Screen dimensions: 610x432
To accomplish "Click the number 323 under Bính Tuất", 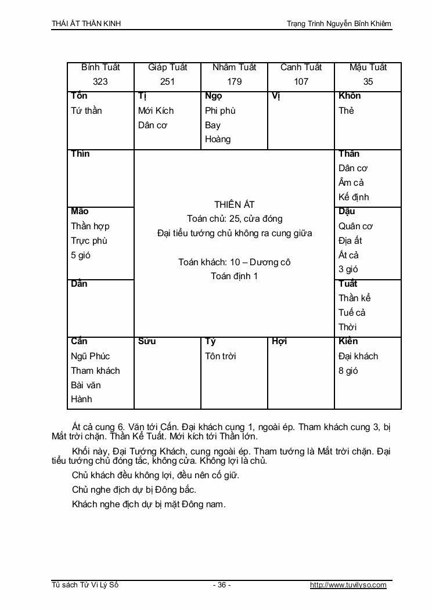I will [100, 82].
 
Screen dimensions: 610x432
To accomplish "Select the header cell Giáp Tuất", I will [167, 67].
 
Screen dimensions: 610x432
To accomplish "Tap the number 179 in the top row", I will [234, 82].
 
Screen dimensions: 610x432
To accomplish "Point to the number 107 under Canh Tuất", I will [301, 82].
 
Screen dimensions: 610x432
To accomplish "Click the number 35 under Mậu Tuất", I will [368, 82].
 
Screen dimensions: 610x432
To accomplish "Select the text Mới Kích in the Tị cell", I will [156, 111].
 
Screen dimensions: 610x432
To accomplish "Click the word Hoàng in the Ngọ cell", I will [218, 139].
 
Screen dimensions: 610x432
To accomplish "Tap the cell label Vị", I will [276, 96].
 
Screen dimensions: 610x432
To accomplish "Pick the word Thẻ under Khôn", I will [346, 111].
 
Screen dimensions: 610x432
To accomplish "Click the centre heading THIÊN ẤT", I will [234, 204].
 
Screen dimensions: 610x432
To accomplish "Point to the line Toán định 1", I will [234, 276].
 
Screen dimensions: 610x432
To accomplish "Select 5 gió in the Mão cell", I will [81, 255].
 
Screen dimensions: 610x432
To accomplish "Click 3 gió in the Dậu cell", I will [348, 269].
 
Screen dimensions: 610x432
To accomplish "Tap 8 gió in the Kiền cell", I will [348, 371].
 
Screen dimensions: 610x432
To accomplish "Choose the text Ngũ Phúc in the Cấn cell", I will [90, 356].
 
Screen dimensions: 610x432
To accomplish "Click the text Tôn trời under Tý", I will [221, 356].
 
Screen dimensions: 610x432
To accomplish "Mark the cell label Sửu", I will [147, 341].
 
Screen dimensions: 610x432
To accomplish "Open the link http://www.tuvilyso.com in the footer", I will [348, 585].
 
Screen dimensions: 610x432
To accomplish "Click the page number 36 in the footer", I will [221, 585].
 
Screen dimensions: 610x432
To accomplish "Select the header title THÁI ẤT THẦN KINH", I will [87, 24].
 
